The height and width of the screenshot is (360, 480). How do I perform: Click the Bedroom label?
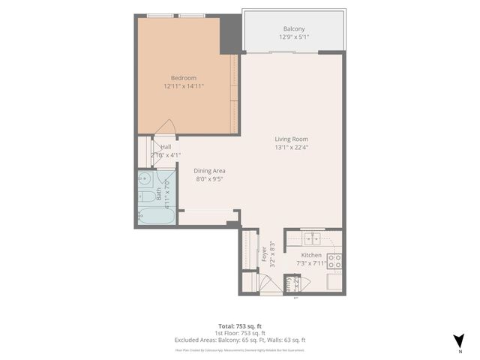pos(184,78)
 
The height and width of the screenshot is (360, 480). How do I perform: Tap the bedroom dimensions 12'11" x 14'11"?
pos(184,86)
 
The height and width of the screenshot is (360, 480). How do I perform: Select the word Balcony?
pos(294,29)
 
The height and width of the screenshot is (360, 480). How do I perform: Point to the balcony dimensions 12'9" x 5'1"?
pos(294,37)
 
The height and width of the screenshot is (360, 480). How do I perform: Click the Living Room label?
pos(292,139)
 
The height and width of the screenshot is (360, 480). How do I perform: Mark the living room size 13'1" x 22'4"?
pos(292,147)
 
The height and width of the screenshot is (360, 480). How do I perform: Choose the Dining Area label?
pos(210,171)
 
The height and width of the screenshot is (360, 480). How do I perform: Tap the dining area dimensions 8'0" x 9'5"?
pos(210,179)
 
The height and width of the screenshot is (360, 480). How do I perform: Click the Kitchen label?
pos(311,255)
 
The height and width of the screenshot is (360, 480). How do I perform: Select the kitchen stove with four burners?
pos(334,261)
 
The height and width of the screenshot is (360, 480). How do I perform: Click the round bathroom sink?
pos(145,179)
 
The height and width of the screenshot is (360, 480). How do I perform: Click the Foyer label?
pos(263,256)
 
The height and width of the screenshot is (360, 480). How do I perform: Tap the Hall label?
pos(166,147)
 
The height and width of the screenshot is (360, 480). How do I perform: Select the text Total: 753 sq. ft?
pos(240,325)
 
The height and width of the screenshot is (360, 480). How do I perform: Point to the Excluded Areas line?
pos(240,340)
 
